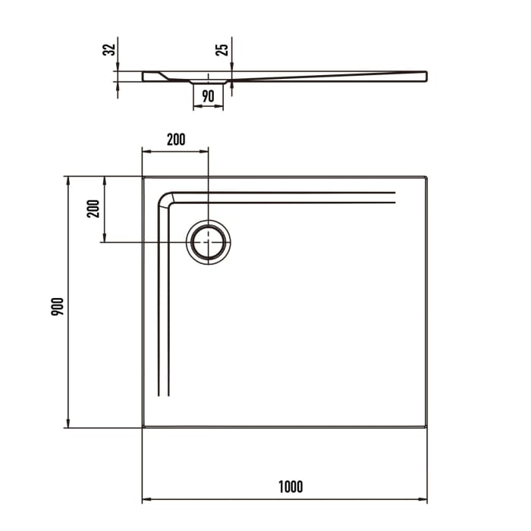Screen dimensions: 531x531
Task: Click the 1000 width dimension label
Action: tap(291, 486)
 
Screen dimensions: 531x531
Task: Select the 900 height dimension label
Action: tap(57, 306)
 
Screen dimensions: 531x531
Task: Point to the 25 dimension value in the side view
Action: tap(222, 50)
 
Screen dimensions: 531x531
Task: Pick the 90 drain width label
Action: tap(208, 96)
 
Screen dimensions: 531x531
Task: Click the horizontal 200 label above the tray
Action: tap(175, 139)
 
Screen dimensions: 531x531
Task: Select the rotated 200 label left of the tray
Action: tap(93, 208)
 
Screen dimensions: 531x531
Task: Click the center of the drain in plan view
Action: tap(208, 242)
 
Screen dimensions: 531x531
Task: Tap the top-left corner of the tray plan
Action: tap(143, 177)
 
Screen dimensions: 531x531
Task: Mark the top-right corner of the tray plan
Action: tap(428, 177)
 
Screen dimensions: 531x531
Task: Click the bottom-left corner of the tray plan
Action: tap(143, 428)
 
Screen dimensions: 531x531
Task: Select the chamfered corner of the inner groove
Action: tap(165, 199)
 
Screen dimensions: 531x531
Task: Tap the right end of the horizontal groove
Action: tap(395, 199)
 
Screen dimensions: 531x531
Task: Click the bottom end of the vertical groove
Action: tap(162, 395)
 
